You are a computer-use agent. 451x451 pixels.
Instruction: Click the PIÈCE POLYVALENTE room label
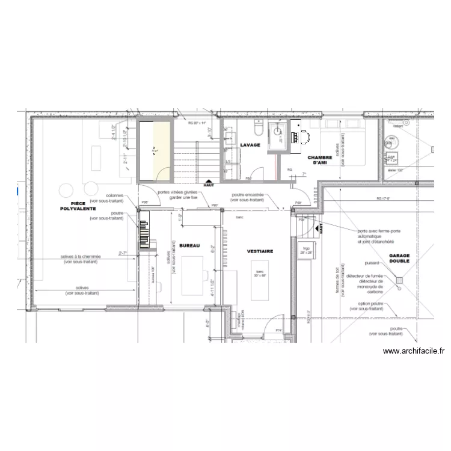click(75, 206)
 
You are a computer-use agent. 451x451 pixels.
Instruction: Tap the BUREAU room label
click(189, 245)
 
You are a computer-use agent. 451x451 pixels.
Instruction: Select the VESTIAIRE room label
click(260, 251)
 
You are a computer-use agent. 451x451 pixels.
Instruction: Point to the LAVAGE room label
click(250, 146)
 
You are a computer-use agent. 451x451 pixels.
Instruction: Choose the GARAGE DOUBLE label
click(399, 258)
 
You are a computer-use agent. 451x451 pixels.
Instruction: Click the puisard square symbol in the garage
click(398, 279)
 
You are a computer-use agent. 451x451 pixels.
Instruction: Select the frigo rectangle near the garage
click(307, 249)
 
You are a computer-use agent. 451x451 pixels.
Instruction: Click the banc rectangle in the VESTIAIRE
click(260, 283)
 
